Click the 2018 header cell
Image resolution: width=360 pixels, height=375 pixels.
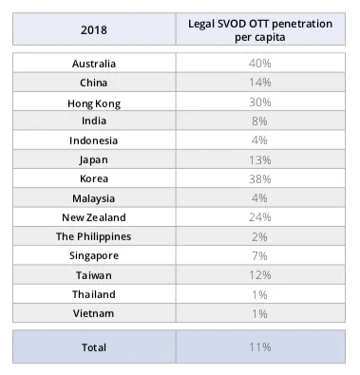point(93,29)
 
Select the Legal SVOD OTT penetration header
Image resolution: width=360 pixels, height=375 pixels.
point(260,29)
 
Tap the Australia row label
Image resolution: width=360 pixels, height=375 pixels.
point(93,64)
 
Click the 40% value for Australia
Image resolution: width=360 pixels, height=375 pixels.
point(260,64)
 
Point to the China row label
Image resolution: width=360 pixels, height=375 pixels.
point(93,83)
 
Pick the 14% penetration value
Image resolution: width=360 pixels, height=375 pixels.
point(260,83)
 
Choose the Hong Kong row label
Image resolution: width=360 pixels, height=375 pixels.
point(93,103)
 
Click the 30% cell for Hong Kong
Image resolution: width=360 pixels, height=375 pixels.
point(260,103)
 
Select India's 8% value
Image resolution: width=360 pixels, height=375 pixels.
point(260,122)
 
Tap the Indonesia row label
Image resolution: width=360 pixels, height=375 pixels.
point(93,141)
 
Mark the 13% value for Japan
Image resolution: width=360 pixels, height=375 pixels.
point(260,159)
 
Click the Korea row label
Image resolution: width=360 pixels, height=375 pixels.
point(93,178)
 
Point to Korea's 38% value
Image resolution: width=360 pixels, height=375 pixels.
point(260,178)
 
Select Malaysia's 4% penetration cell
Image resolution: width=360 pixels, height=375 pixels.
point(260,198)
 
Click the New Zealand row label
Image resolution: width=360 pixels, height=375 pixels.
point(93,217)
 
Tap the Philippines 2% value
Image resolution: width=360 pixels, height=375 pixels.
point(260,236)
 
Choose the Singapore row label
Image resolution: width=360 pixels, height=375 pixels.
point(93,255)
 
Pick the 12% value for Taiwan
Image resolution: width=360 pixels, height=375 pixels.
point(260,274)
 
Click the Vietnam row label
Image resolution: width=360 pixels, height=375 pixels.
point(93,312)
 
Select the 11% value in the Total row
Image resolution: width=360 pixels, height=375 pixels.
point(260,347)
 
